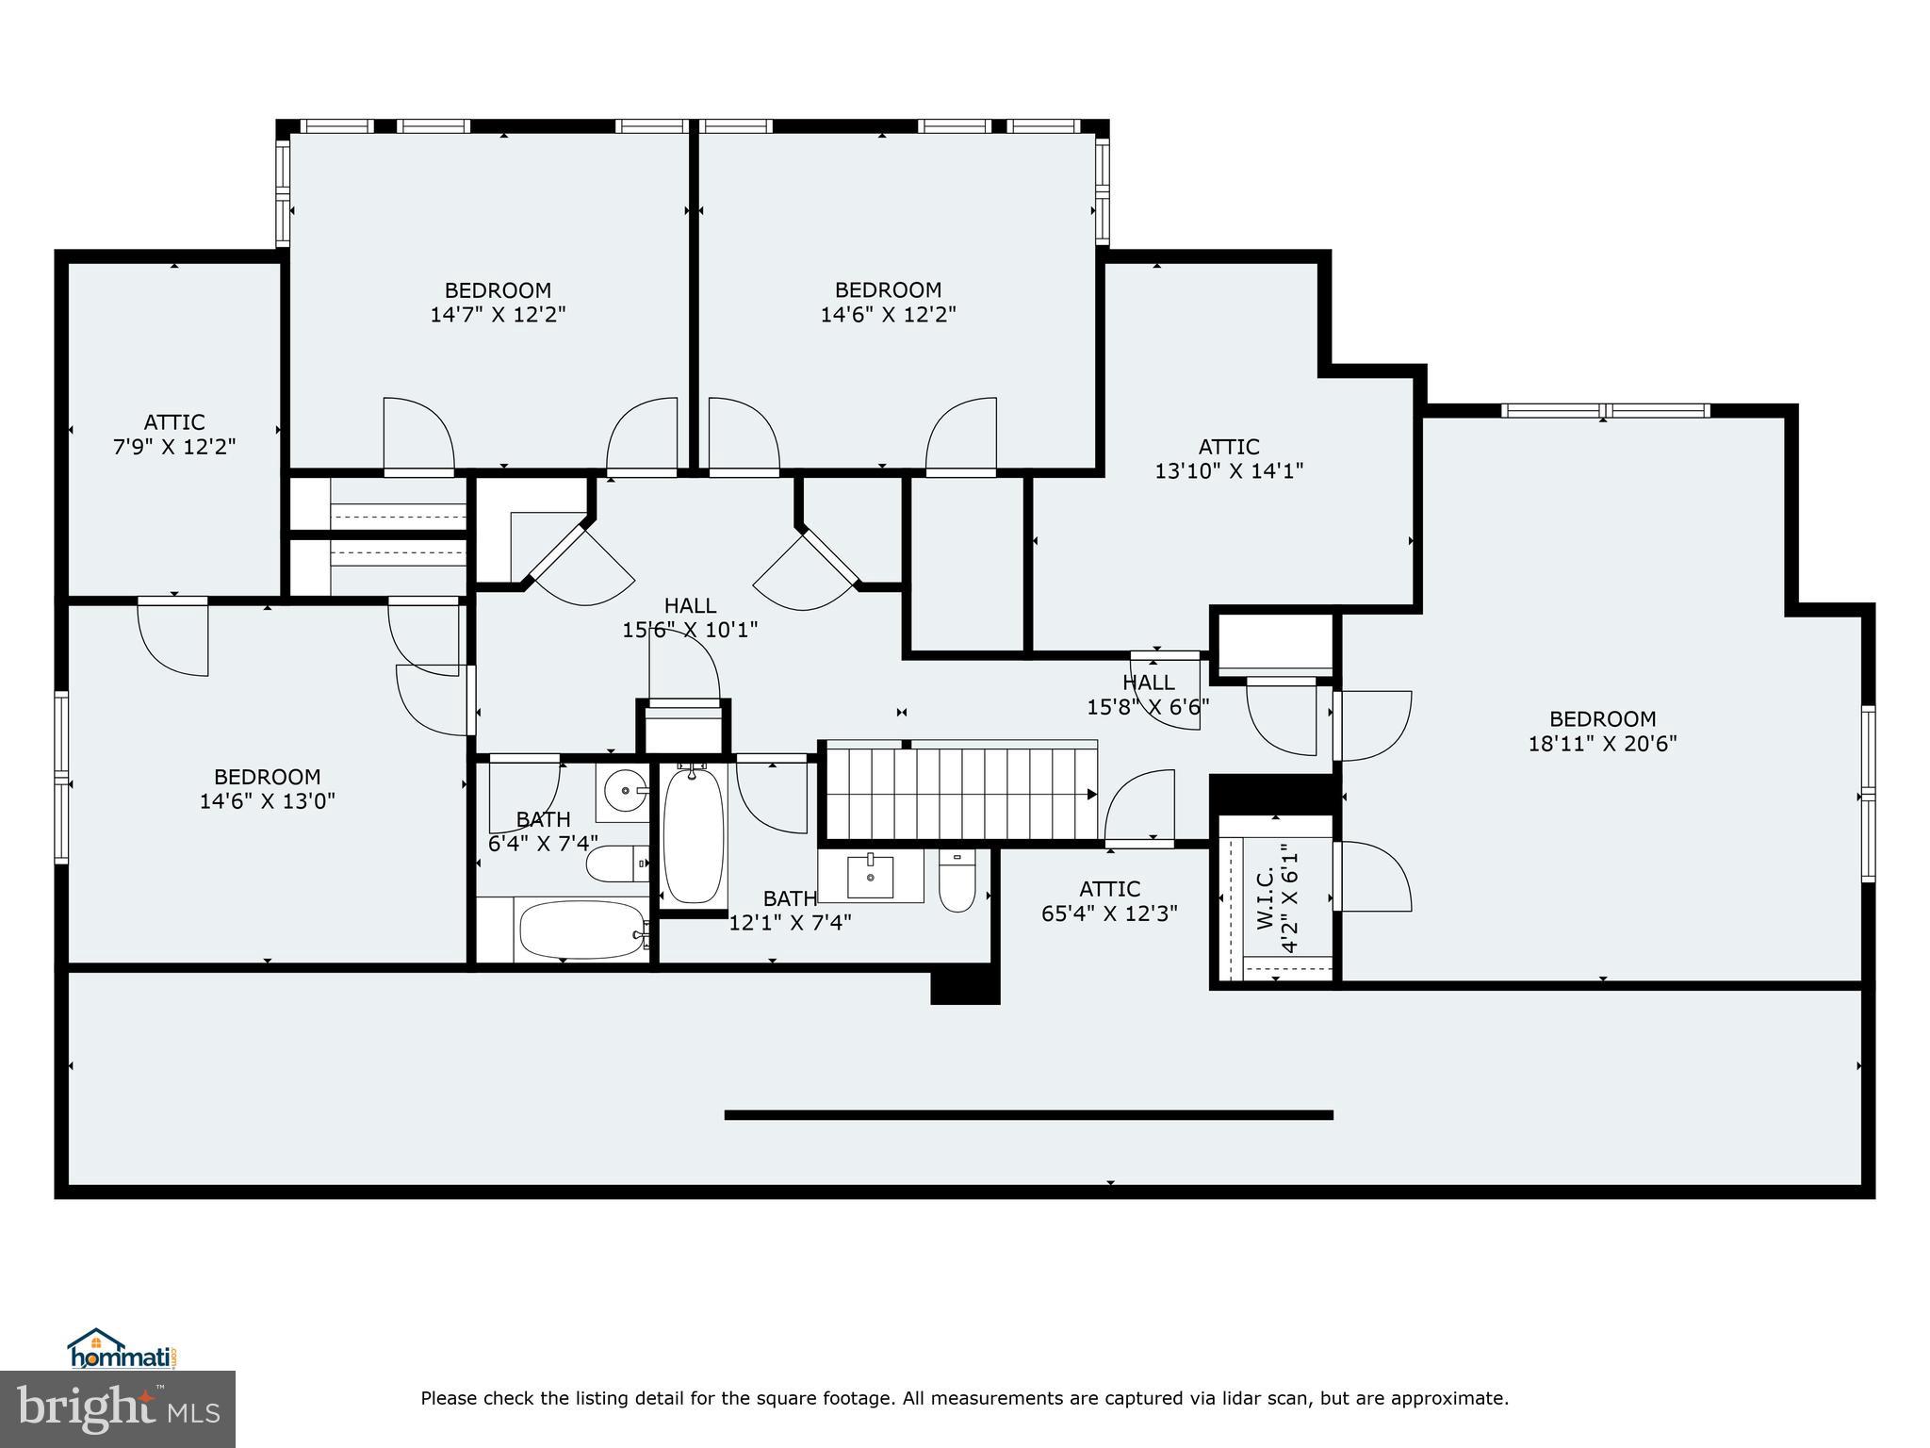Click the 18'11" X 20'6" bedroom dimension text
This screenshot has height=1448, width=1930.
tap(1602, 744)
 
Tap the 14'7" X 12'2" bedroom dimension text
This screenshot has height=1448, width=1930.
tap(498, 315)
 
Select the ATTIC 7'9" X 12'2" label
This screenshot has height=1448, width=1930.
tap(174, 435)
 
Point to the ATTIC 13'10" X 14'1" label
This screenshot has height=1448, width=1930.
tap(1229, 458)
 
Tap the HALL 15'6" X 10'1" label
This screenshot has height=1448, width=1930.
tap(690, 617)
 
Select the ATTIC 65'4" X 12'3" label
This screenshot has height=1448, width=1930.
tap(1109, 901)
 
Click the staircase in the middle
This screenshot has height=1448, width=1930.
tap(961, 793)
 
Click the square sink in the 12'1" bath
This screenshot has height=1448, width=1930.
tap(871, 877)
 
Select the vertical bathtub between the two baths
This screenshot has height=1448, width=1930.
tap(694, 835)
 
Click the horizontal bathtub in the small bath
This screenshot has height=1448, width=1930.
tap(581, 930)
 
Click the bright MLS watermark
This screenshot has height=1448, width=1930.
tap(118, 1409)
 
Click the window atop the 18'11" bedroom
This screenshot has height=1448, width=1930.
tap(1604, 410)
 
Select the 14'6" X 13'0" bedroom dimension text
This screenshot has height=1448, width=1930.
tap(268, 801)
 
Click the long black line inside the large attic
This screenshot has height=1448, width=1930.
tap(1028, 1115)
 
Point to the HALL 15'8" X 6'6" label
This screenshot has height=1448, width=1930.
tap(1148, 694)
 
